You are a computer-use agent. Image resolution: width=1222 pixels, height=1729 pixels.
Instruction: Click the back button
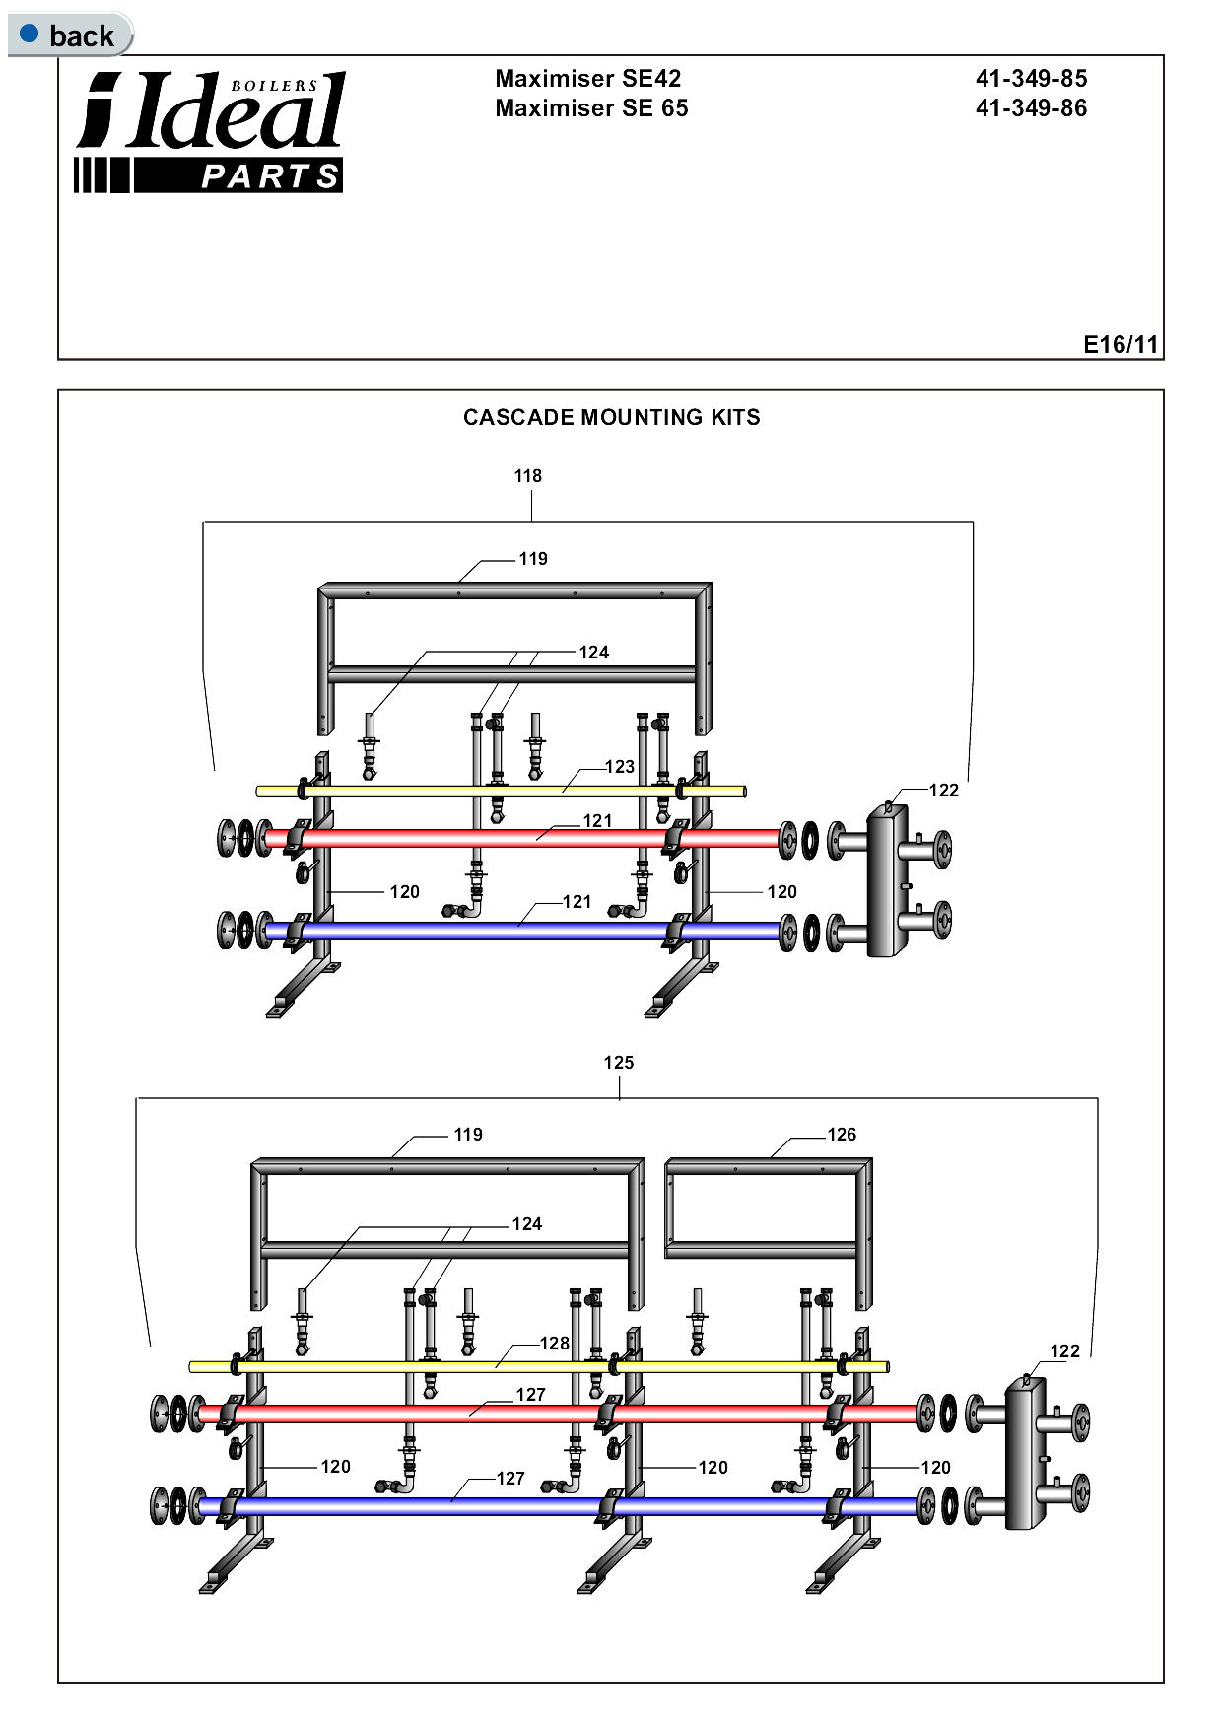69,35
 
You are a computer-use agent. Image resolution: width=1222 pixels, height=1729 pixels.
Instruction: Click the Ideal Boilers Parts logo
210,132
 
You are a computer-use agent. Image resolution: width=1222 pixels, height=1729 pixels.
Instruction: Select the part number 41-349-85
1031,79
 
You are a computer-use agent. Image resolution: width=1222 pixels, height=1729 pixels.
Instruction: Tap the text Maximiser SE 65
591,108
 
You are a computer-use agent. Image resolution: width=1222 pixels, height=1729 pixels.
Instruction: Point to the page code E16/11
1120,344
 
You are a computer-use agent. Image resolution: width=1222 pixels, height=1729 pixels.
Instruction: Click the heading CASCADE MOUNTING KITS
611,417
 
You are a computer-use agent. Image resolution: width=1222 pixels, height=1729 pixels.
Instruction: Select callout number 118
527,476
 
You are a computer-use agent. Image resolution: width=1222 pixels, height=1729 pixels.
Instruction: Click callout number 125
618,1063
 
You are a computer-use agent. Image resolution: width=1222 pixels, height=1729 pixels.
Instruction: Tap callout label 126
842,1135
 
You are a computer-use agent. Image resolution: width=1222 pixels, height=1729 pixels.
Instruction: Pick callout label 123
619,767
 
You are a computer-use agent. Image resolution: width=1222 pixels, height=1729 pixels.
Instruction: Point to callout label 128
554,1344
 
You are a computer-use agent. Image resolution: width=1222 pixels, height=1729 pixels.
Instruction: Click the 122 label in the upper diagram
943,791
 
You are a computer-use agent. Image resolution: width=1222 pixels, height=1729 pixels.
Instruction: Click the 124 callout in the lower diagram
526,1224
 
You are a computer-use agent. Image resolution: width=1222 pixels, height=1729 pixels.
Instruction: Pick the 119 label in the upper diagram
533,559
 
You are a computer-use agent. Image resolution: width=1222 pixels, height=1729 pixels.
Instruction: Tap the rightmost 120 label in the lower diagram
935,1468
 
